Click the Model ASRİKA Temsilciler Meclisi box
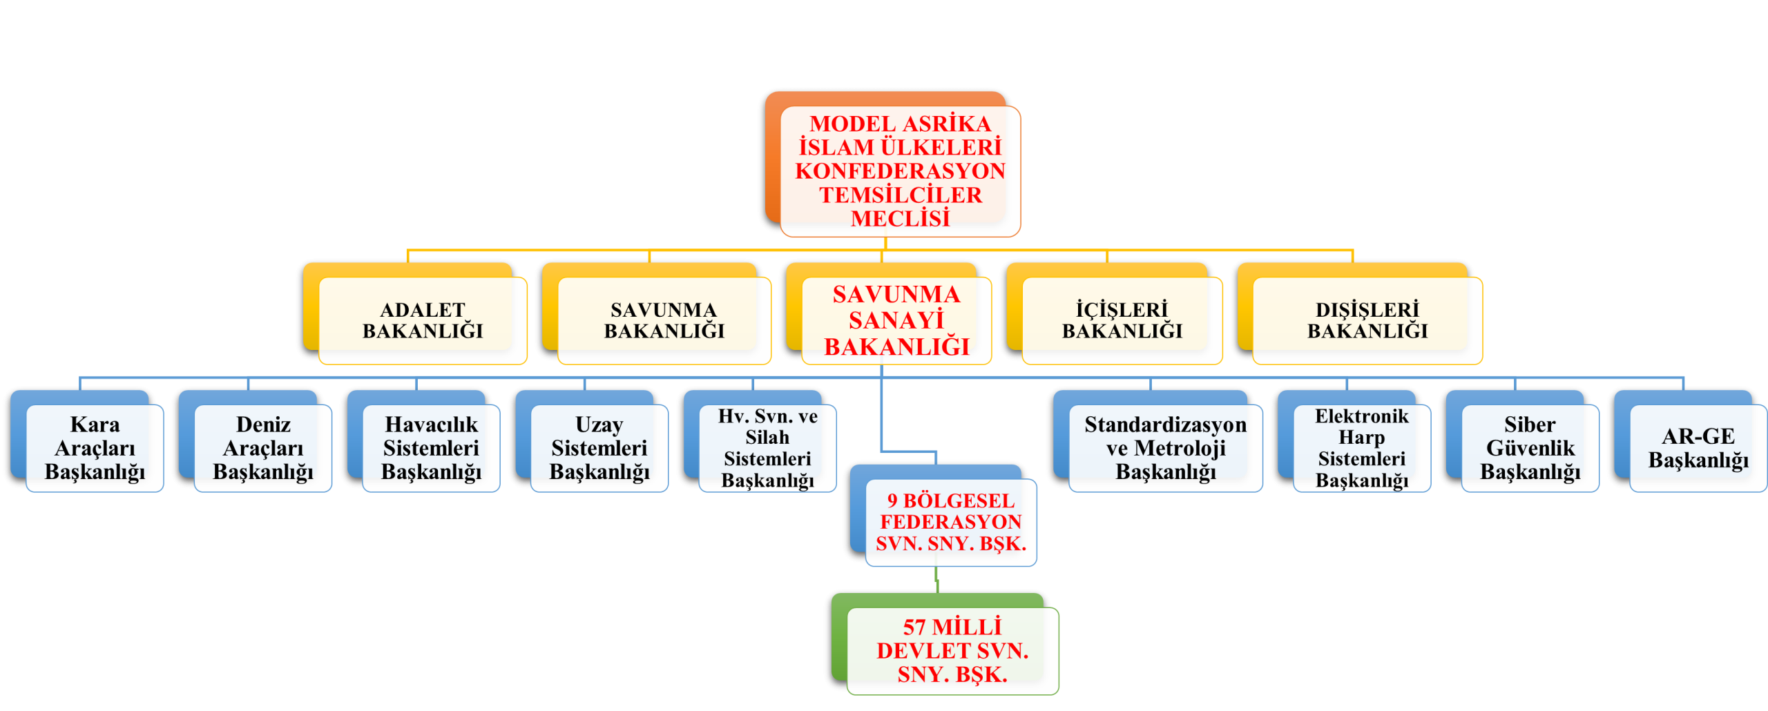900,171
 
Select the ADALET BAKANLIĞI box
423,320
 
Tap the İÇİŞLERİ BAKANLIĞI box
1122,320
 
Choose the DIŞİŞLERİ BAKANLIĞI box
1367,320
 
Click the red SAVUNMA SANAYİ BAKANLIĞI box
896,320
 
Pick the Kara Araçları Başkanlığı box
95,448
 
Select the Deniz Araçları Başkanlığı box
263,448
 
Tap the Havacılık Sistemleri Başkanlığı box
431,448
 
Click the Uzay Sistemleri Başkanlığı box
599,448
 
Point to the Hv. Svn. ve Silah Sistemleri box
767,448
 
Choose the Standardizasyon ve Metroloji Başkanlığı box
1165,448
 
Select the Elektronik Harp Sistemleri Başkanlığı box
1361,448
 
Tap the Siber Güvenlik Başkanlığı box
1530,448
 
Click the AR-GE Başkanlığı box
1698,448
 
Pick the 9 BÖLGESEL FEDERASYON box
950,522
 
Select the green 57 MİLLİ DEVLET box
952,650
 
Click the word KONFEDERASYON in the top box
900,171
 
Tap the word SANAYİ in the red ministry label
896,320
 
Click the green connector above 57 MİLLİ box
936,580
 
